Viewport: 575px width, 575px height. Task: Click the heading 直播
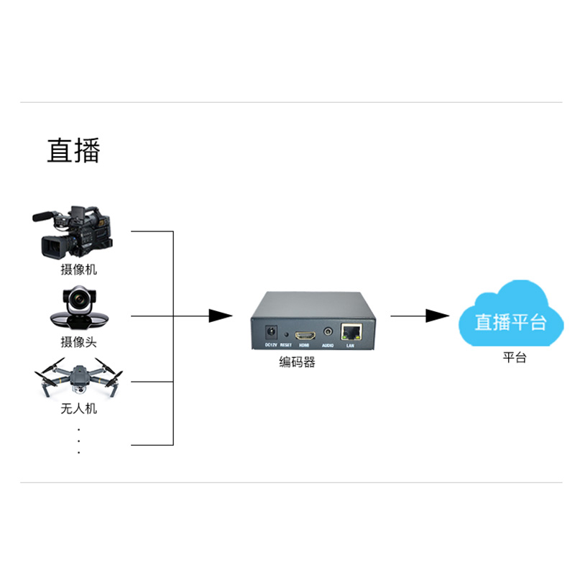(x=74, y=150)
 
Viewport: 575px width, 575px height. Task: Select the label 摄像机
(x=78, y=270)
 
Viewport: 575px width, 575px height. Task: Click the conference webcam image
(x=78, y=308)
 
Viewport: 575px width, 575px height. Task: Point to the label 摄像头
(x=78, y=342)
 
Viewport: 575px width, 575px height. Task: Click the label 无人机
(x=78, y=409)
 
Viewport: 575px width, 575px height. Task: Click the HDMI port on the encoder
(x=305, y=335)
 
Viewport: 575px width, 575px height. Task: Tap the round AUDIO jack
(x=328, y=333)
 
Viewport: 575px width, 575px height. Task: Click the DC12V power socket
(x=272, y=333)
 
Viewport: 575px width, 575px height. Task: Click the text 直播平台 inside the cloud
(x=511, y=321)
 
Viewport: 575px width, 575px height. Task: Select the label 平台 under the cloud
(x=514, y=357)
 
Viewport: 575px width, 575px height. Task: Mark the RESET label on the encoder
(x=286, y=346)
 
